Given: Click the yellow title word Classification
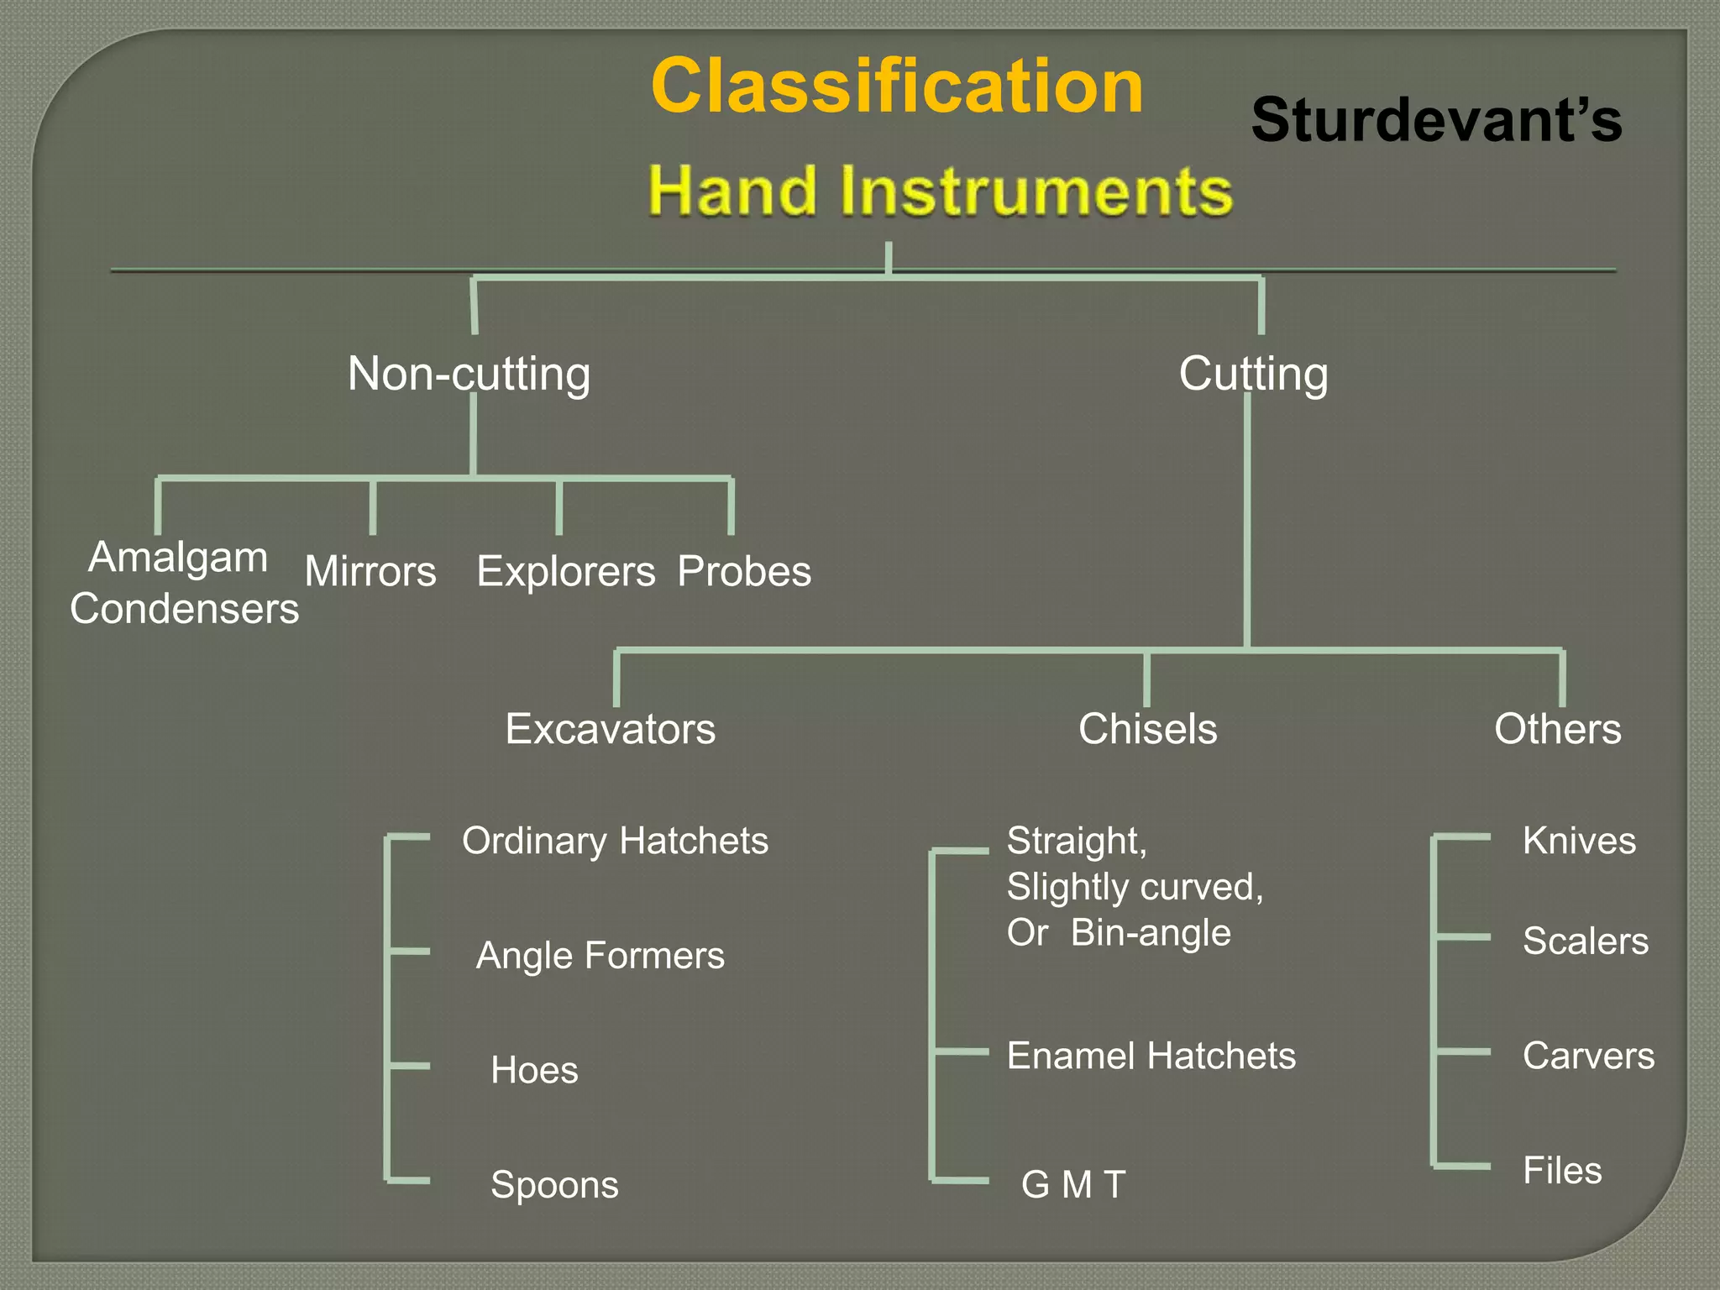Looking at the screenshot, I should click(897, 87).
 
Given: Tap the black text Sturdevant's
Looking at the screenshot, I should click(1436, 120).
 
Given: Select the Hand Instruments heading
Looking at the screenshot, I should click(940, 191).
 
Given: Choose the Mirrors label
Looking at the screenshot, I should click(370, 572).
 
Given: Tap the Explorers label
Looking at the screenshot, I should click(565, 572).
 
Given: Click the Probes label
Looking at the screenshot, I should click(744, 572).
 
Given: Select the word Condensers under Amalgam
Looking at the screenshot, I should click(184, 609).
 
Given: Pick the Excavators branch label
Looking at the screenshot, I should click(610, 729).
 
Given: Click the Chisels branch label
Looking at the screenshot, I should click(1147, 729).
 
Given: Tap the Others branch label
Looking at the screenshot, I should click(1557, 729).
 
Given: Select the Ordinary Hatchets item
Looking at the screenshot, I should click(615, 841).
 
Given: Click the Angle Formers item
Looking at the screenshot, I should click(600, 956).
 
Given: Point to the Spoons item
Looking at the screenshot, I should click(554, 1185).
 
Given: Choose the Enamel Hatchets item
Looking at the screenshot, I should click(1151, 1056).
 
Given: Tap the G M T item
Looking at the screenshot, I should click(1072, 1185).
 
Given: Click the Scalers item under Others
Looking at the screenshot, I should click(1585, 941).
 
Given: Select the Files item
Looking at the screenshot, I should click(1562, 1171).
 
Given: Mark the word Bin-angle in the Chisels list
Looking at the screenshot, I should click(1151, 933).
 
